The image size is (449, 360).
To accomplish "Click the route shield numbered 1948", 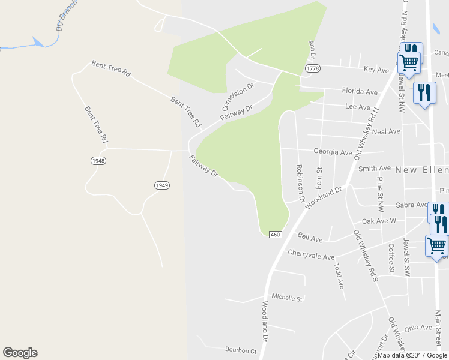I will coord(99,161).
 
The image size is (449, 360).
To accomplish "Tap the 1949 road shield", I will coord(161,185).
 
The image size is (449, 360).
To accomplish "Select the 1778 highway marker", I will coord(312,69).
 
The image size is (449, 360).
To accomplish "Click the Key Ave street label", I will coord(376,70).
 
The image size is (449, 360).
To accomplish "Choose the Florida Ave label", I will coord(360,92).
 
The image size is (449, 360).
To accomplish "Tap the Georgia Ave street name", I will coord(333,152).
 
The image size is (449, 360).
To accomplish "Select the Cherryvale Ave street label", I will coord(310,256).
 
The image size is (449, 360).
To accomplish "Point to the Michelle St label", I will coord(287,297).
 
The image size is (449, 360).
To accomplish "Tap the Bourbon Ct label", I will coord(241,350).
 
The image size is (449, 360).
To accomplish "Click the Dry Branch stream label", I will coord(65,19).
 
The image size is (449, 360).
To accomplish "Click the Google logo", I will coord(20,353).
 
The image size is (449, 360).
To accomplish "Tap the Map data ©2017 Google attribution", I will coord(412,355).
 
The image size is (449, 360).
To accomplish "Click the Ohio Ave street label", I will coord(418,328).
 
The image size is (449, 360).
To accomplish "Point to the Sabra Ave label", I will coord(411,205).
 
